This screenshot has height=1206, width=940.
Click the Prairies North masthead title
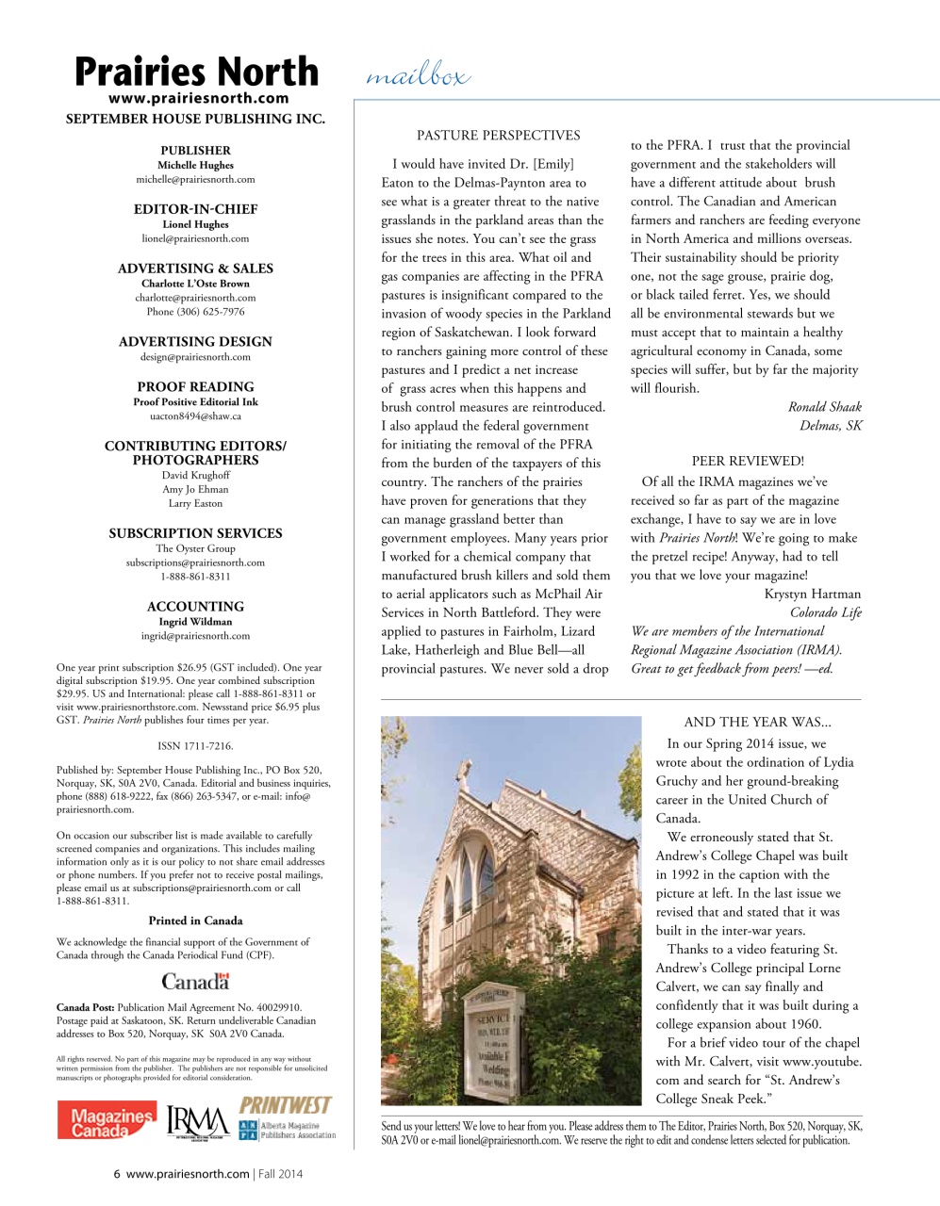196,72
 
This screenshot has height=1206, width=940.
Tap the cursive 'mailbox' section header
417,76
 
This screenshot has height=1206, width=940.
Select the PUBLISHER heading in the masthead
195,150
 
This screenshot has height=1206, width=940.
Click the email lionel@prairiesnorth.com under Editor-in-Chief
195,238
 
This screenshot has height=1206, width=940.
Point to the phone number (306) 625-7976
195,312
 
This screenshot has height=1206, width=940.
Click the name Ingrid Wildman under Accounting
195,622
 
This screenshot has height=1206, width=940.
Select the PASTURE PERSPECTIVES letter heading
499,136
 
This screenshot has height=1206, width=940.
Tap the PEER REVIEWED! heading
748,462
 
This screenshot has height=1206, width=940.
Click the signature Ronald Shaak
824,407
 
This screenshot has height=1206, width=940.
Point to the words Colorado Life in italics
825,612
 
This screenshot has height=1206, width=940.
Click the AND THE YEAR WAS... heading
757,723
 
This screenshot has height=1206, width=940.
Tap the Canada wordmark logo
195,981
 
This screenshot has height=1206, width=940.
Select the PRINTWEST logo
285,1104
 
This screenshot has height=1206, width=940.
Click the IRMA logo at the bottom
198,1122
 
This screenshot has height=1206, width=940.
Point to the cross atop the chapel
463,775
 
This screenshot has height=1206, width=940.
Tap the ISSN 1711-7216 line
195,746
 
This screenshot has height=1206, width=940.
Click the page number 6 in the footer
117,1174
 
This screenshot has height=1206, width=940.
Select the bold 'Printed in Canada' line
195,921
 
